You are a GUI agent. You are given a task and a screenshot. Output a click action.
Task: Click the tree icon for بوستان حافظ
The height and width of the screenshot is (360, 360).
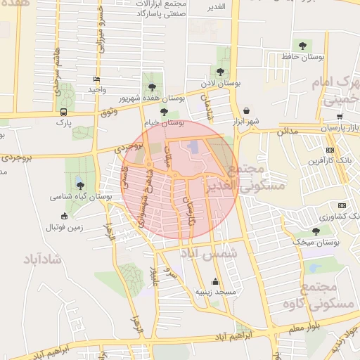pyautogui.click(x=302, y=46)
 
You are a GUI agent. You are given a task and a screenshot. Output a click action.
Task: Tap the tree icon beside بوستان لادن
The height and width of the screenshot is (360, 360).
pyautogui.click(x=220, y=72)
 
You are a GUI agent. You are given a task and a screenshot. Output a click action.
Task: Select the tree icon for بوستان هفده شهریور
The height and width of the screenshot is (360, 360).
pyautogui.click(x=152, y=87)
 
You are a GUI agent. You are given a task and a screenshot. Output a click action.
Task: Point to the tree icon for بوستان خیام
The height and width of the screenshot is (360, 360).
pyautogui.click(x=164, y=111)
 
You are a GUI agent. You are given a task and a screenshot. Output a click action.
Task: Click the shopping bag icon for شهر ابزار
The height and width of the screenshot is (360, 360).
pyautogui.click(x=247, y=110)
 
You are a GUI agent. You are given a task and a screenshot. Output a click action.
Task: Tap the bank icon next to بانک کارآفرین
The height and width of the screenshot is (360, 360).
pyautogui.click(x=331, y=150)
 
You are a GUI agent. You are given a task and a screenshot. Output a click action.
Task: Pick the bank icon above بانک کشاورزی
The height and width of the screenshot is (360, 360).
pyautogui.click(x=342, y=205)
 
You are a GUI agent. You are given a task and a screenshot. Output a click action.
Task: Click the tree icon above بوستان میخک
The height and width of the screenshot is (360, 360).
pyautogui.click(x=316, y=231)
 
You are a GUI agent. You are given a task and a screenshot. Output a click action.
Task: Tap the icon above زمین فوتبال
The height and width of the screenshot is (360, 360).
pyautogui.click(x=65, y=217)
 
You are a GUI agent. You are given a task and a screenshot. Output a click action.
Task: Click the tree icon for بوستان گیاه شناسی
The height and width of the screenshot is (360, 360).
pyautogui.click(x=80, y=186)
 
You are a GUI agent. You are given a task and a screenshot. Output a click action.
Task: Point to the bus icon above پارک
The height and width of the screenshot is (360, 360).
pyautogui.click(x=64, y=111)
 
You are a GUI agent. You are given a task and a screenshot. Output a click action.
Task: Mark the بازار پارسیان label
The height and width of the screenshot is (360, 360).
pyautogui.click(x=341, y=128)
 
